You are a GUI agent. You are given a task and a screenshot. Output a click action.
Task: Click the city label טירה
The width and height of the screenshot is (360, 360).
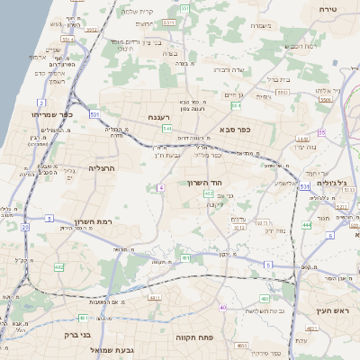coord(327,7)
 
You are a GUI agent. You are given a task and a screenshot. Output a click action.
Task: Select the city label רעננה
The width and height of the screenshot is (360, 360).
coord(166,116)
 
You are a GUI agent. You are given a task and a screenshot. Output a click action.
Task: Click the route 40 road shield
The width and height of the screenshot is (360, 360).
coord(222,308)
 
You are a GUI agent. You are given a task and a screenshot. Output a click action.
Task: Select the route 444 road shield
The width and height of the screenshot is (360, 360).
coord(307,225)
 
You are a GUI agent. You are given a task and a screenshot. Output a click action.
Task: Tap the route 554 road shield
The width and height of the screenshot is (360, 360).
coord(235,105)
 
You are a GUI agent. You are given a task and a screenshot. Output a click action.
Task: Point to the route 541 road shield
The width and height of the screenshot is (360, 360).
coord(94,114)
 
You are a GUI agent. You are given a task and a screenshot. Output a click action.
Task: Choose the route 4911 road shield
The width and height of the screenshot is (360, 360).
coord(155,296)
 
